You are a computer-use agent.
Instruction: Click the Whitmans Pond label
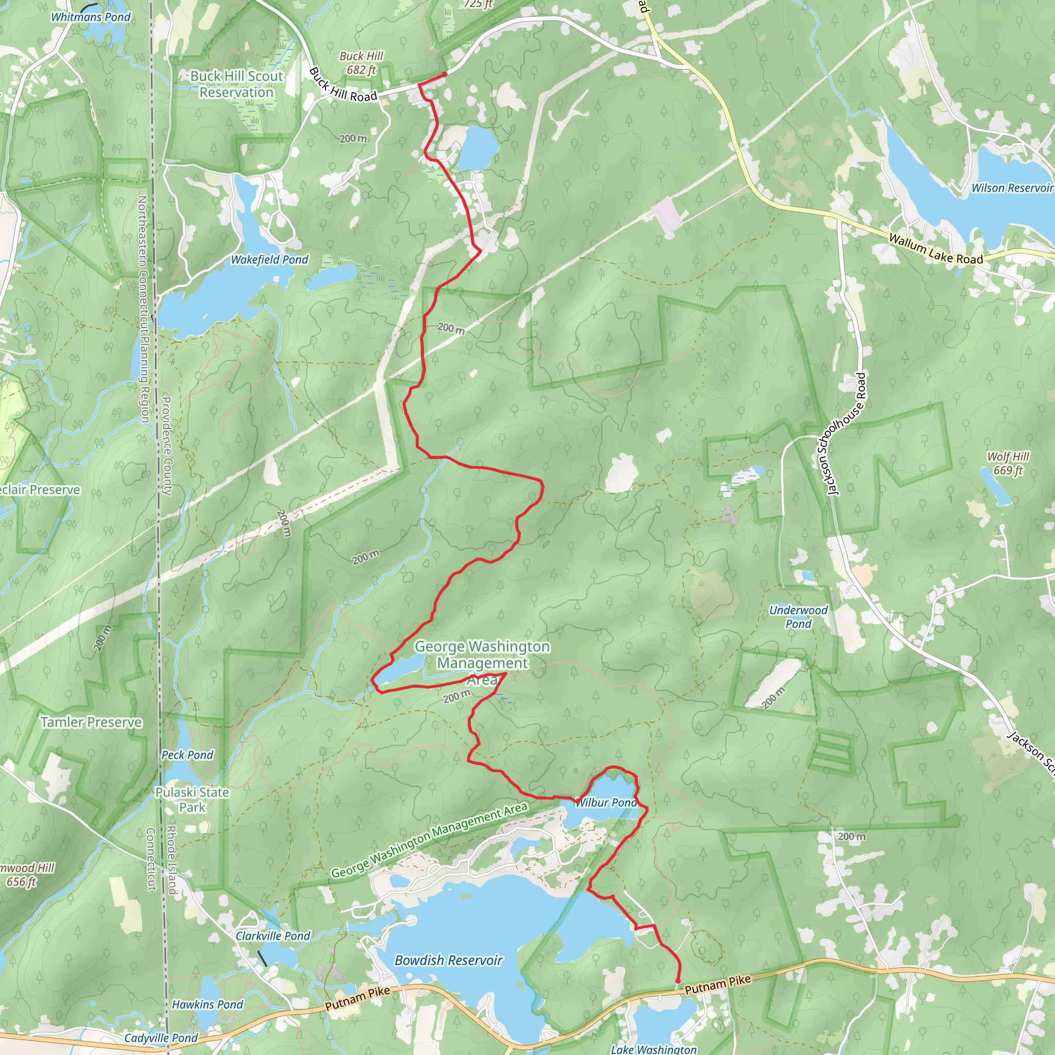pyautogui.click(x=91, y=17)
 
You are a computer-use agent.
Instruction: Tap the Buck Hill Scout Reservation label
pyautogui.click(x=236, y=84)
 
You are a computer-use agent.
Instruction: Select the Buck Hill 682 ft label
pyautogui.click(x=361, y=63)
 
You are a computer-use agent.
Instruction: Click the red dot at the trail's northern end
pyautogui.click(x=445, y=74)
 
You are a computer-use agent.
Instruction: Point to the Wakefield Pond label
pyautogui.click(x=269, y=260)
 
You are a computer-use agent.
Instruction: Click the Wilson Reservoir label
pyautogui.click(x=1011, y=188)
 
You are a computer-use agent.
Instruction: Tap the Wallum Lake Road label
pyautogui.click(x=935, y=249)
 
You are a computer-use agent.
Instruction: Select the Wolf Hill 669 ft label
pyautogui.click(x=1008, y=463)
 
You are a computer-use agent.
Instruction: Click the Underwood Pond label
pyautogui.click(x=798, y=617)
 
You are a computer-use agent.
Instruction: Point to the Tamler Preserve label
pyautogui.click(x=91, y=722)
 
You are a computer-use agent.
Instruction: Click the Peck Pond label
pyautogui.click(x=188, y=755)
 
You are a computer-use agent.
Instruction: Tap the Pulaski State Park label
pyautogui.click(x=192, y=799)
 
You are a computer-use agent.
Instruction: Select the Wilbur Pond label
pyautogui.click(x=606, y=802)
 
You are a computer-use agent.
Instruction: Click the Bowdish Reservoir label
pyautogui.click(x=448, y=960)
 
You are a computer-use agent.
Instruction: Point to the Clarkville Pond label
pyautogui.click(x=273, y=935)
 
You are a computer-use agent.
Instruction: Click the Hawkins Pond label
pyautogui.click(x=208, y=1004)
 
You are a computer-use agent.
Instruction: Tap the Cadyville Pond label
pyautogui.click(x=161, y=1037)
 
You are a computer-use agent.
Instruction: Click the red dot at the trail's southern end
pyautogui.click(x=678, y=981)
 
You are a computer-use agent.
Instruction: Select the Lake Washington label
pyautogui.click(x=653, y=1049)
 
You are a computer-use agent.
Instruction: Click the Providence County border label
pyautogui.click(x=166, y=446)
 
